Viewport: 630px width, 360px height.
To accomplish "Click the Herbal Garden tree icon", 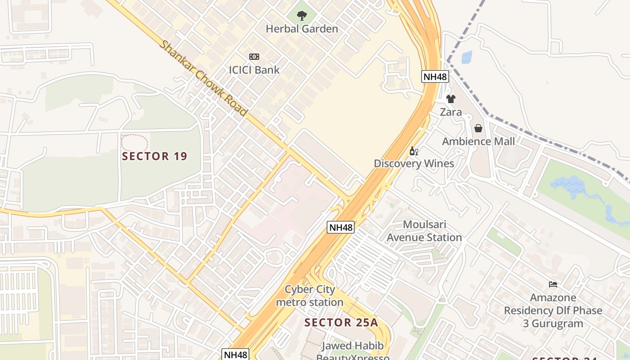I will (301, 16).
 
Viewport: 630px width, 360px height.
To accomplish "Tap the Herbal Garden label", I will (301, 29).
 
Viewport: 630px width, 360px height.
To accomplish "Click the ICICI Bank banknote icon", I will (254, 57).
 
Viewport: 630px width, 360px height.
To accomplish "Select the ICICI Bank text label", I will (254, 70).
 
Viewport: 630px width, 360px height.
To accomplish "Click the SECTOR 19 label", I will (155, 157).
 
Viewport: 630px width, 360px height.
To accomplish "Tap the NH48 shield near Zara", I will (435, 76).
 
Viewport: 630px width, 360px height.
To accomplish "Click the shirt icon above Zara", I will (451, 99).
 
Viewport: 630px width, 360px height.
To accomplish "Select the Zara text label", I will (451, 112).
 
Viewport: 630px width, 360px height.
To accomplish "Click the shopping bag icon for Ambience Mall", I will (478, 129).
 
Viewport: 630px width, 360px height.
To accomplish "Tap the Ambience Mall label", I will (478, 141).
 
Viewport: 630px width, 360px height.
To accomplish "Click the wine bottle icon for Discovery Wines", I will (414, 151).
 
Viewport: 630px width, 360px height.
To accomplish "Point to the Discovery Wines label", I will (414, 163).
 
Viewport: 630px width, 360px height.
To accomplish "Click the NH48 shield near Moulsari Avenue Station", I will (341, 227).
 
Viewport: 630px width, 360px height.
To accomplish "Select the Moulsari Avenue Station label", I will (424, 231).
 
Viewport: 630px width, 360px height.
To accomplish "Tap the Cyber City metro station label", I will (310, 296).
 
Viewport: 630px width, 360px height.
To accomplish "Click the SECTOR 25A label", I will (341, 323).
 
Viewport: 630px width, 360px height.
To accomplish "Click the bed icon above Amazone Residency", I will (553, 284).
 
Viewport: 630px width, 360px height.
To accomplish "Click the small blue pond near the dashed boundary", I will (467, 57).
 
